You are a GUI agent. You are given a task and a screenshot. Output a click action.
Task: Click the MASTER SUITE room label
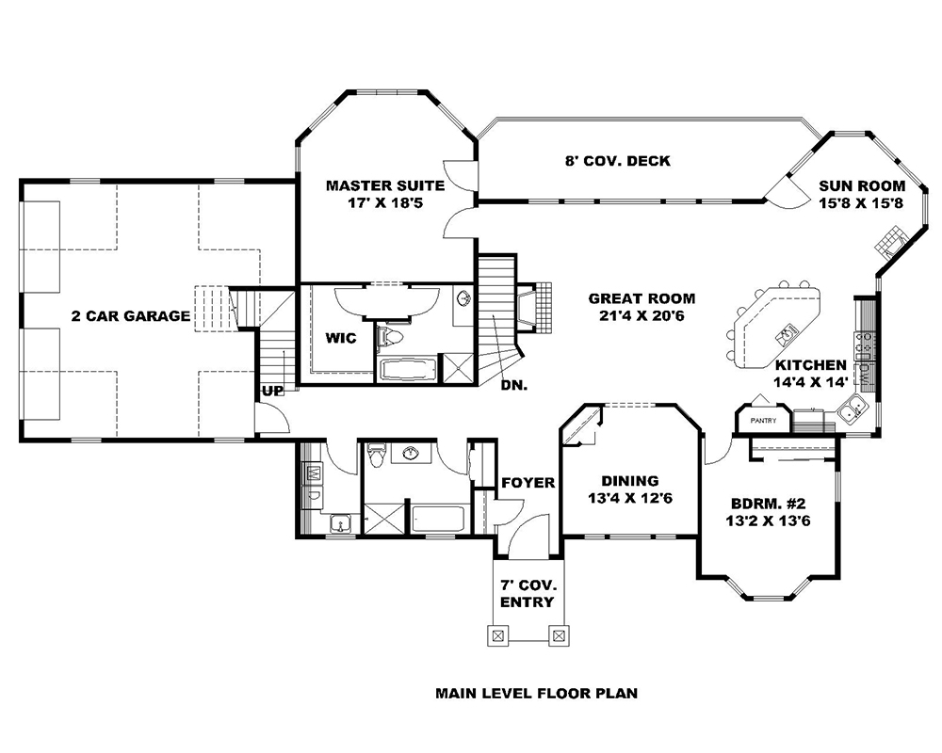[374, 185]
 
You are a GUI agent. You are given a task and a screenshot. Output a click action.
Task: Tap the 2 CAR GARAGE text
[131, 316]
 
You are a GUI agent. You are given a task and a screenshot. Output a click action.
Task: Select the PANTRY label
[763, 421]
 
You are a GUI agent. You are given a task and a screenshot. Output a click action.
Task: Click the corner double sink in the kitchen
[854, 409]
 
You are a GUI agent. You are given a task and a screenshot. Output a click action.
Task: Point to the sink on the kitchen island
[787, 330]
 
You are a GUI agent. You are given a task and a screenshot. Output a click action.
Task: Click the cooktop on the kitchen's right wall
[863, 349]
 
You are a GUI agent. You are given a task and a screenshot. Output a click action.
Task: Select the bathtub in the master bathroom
[406, 368]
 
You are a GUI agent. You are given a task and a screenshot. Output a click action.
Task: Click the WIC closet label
[341, 338]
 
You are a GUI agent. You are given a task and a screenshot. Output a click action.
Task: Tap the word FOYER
[528, 483]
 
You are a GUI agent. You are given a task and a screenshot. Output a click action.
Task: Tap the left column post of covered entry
[495, 636]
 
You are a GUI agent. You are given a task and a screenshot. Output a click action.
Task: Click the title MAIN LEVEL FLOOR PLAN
[536, 695]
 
